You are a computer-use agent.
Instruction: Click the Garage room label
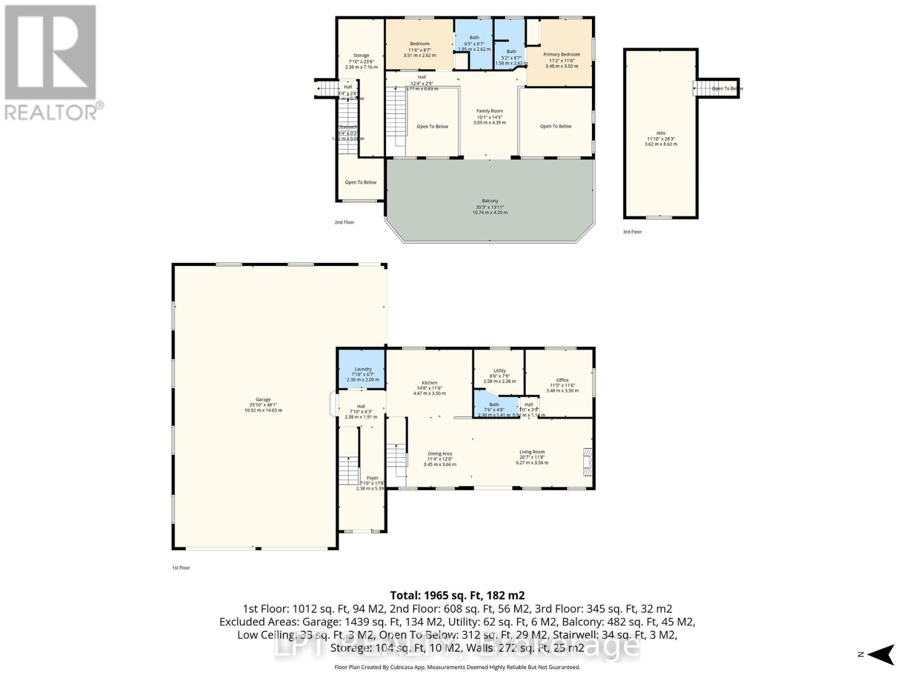pos(263,400)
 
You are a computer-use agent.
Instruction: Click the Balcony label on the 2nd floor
pos(490,201)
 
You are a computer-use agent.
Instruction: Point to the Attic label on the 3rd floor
pos(661,133)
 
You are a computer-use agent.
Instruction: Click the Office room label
pos(562,380)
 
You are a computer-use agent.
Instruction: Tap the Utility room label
pos(499,371)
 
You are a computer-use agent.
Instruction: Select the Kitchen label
pos(429,383)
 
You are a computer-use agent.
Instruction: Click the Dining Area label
pos(439,454)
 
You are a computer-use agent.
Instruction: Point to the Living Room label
pos(532,452)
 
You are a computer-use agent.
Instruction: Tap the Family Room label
pos(490,111)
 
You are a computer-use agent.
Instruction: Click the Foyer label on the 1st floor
pos(372,478)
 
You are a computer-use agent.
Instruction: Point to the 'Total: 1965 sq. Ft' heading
pos(457,595)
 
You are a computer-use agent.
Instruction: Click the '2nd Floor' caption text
pos(344,222)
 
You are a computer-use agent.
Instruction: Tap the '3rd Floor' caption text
pos(632,232)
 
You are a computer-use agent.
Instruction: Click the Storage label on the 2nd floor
pos(361,56)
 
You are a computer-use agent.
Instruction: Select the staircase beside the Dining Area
pos(396,456)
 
